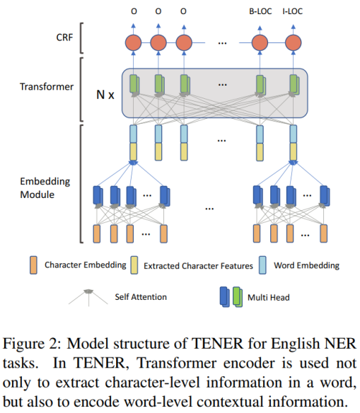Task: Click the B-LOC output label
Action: click(260, 11)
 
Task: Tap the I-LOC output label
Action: click(294, 11)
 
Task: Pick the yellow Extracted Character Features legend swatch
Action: click(134, 265)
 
